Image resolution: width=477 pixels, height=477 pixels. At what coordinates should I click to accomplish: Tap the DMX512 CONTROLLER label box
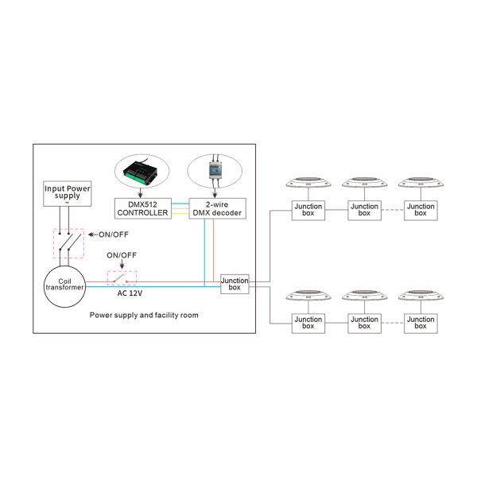[142, 208]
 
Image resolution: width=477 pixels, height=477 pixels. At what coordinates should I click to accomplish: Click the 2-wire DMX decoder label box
[217, 208]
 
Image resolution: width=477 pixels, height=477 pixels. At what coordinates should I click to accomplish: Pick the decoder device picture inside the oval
[217, 169]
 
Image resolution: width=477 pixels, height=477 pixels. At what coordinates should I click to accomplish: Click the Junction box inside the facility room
[235, 284]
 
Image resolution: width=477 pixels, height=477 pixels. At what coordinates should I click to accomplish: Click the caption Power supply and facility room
[143, 316]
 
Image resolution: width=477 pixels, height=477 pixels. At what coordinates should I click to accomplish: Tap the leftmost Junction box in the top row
[308, 210]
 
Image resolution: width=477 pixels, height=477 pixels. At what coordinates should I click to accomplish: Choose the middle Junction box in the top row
[364, 210]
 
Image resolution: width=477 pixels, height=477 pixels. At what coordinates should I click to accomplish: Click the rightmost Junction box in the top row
[420, 210]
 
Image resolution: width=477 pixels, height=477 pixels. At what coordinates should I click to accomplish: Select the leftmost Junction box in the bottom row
[308, 323]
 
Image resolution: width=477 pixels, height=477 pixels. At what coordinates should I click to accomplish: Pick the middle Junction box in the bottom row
[364, 323]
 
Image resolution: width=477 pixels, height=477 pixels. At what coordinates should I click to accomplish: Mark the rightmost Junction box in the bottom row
[420, 323]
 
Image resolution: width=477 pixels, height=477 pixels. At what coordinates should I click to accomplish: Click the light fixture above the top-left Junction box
[308, 181]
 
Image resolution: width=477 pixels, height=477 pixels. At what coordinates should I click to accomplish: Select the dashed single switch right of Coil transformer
[122, 277]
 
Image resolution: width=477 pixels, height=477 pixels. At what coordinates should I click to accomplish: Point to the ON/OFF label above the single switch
[122, 255]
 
